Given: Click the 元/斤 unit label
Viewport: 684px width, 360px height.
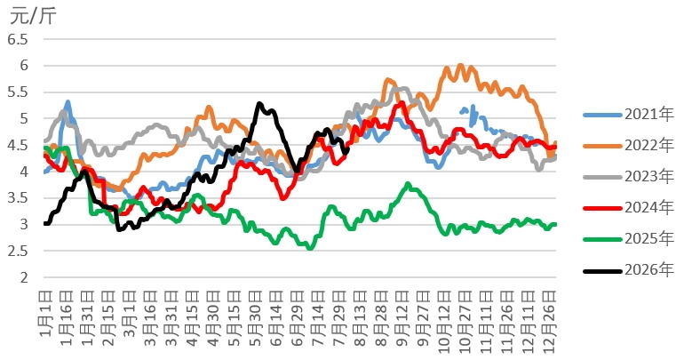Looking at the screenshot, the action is (x=33, y=17).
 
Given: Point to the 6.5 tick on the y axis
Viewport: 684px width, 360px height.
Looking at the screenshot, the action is (x=18, y=39).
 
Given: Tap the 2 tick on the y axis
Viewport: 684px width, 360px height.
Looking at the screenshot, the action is (x=24, y=277).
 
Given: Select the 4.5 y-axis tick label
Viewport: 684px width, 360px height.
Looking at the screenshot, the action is (x=18, y=145).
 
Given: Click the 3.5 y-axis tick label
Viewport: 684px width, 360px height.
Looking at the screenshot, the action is (x=18, y=198).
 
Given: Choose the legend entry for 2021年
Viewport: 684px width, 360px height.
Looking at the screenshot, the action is (x=629, y=115).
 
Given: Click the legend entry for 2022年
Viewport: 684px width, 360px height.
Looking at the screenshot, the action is (x=629, y=145).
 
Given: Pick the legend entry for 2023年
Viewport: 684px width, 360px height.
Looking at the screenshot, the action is (x=629, y=176).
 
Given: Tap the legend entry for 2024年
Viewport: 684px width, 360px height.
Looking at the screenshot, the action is (x=629, y=208).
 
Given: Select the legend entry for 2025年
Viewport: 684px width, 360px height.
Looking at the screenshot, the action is (x=629, y=239).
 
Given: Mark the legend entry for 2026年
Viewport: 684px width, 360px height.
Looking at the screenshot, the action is (x=629, y=270).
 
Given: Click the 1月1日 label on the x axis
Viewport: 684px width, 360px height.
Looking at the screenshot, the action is (x=45, y=314).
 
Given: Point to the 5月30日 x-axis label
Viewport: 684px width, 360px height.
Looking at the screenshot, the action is (x=255, y=318).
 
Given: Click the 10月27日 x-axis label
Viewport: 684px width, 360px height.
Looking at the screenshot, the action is (x=465, y=323).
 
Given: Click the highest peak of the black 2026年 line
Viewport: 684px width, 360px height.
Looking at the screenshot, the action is (x=259, y=103).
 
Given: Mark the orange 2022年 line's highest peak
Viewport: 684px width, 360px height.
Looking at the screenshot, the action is (x=461, y=66).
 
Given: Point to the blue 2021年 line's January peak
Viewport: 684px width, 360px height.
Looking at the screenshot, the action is (x=68, y=102).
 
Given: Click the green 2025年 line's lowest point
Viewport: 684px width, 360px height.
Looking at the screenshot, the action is (x=310, y=248).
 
